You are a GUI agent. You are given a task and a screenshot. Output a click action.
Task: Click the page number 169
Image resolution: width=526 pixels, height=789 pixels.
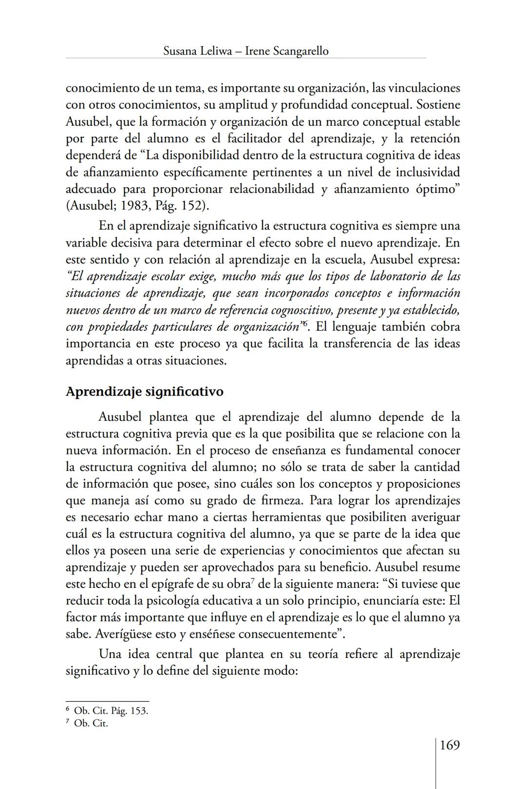tap(450, 746)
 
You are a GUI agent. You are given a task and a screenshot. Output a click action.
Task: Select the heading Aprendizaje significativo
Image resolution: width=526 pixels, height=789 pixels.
tap(144, 392)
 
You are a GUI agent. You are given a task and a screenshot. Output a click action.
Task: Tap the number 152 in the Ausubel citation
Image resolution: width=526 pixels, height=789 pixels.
tap(193, 206)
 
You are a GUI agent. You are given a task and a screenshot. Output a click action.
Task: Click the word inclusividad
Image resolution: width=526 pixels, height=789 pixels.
tap(428, 172)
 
